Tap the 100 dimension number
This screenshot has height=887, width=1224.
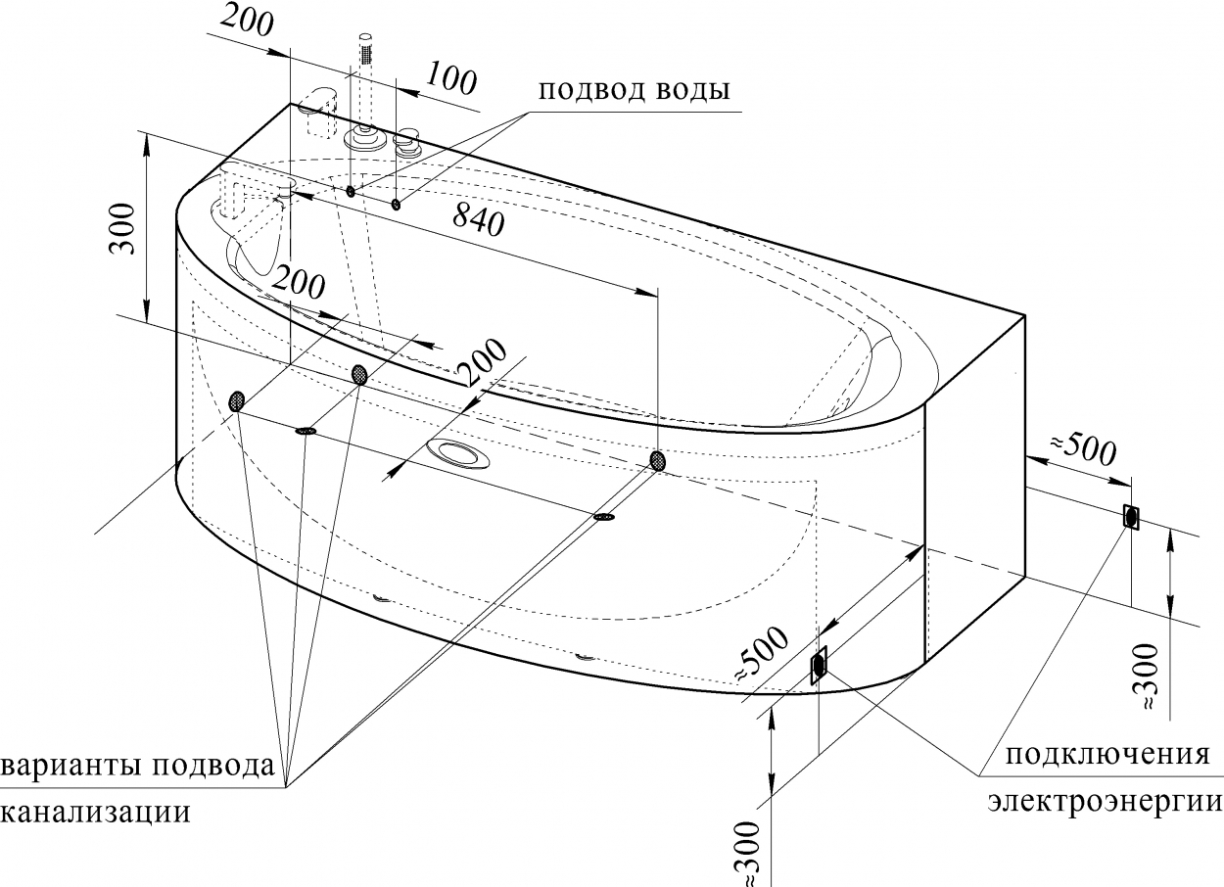(450, 78)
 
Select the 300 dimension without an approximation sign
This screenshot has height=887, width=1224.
(121, 228)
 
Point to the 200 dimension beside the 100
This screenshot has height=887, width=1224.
(247, 23)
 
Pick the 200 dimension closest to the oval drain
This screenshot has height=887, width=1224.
(481, 361)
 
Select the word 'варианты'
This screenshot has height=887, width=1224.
(72, 766)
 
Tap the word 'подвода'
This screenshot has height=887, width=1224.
(212, 766)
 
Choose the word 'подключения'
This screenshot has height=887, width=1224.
(1107, 755)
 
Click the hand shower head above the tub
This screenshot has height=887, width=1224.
(364, 49)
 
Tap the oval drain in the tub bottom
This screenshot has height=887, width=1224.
(458, 454)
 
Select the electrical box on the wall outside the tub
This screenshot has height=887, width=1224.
(1131, 517)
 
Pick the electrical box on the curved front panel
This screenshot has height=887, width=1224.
(818, 664)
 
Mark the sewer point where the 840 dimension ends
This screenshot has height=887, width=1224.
(658, 461)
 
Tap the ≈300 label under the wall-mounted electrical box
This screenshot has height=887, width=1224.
(1146, 677)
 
